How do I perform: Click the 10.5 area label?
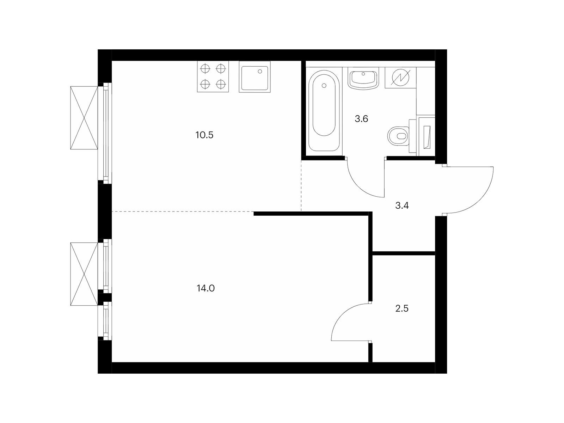[x=204, y=135]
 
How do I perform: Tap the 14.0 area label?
[x=206, y=288]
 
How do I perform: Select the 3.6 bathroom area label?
[x=361, y=119]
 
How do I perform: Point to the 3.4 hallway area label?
[x=402, y=206]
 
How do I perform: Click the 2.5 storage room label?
[x=402, y=308]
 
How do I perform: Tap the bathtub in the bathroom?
[x=324, y=110]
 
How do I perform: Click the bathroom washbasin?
[x=363, y=80]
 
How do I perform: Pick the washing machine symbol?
[x=400, y=78]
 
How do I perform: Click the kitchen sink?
[x=255, y=77]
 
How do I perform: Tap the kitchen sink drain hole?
[x=260, y=72]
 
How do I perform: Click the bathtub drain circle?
[x=324, y=86]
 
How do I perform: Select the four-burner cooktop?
[x=213, y=76]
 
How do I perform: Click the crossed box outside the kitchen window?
[x=84, y=118]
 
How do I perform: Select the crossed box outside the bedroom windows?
[x=84, y=274]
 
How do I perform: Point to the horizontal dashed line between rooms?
[x=183, y=211]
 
